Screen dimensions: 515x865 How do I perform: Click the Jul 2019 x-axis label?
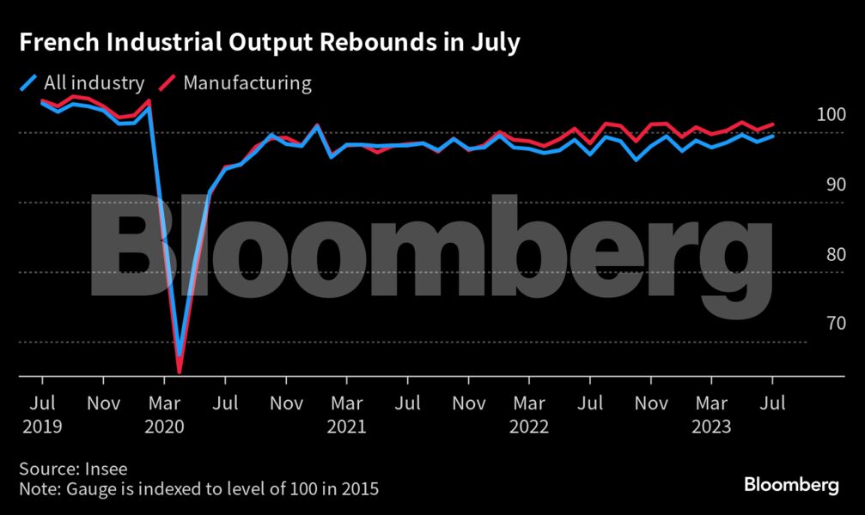[x=42, y=414]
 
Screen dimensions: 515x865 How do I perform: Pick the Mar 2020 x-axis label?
[x=165, y=414]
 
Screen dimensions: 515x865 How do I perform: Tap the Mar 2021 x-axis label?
[x=348, y=414]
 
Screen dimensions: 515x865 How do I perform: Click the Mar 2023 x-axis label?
[x=713, y=414]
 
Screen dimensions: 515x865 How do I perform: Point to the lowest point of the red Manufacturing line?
[x=180, y=372]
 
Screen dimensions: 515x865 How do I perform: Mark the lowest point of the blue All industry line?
[x=180, y=354]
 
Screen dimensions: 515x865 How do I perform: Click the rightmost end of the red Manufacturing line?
[x=773, y=124]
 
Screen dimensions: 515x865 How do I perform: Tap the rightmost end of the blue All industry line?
[x=773, y=136]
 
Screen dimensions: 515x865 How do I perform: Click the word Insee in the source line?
[x=106, y=469]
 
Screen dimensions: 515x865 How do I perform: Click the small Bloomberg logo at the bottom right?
[x=791, y=486]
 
